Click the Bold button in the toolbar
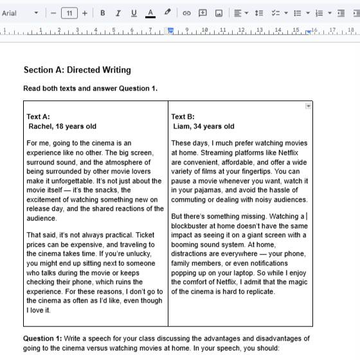click(x=103, y=13)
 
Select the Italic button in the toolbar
click(x=118, y=13)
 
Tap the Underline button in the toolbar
click(x=134, y=13)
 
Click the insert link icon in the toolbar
click(x=186, y=13)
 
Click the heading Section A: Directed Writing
click(x=76, y=70)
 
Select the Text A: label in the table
click(x=38, y=117)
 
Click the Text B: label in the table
click(x=183, y=117)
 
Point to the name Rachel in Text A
click(x=40, y=127)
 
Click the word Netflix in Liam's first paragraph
click(x=292, y=153)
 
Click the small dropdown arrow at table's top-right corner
click(x=308, y=106)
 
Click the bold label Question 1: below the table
click(x=43, y=338)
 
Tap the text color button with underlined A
click(x=150, y=13)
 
